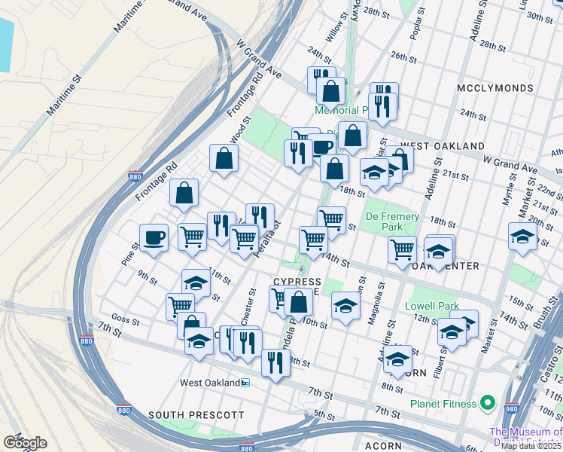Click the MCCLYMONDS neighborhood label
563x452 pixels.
[x=495, y=88]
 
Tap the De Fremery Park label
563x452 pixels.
[x=392, y=221]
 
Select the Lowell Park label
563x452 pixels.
[x=431, y=306]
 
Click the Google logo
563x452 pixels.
[x=24, y=442]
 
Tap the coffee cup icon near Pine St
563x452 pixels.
[x=154, y=237]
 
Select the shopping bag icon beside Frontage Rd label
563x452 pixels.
[x=184, y=194]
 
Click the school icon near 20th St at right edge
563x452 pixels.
[x=522, y=237]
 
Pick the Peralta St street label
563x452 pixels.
[x=267, y=237]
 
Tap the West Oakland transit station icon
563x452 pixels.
[x=245, y=383]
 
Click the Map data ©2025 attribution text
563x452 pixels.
[x=531, y=445]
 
